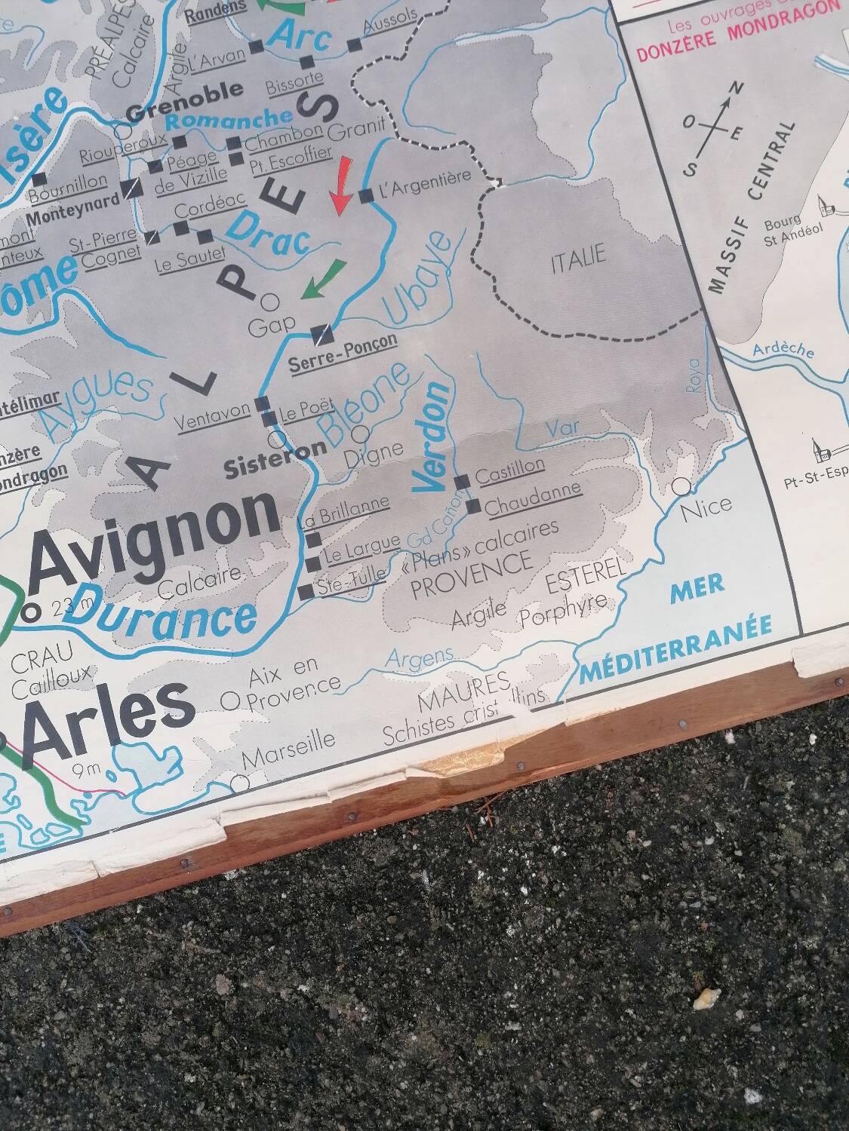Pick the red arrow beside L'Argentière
pos(342,185)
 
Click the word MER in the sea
pos(697,586)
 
